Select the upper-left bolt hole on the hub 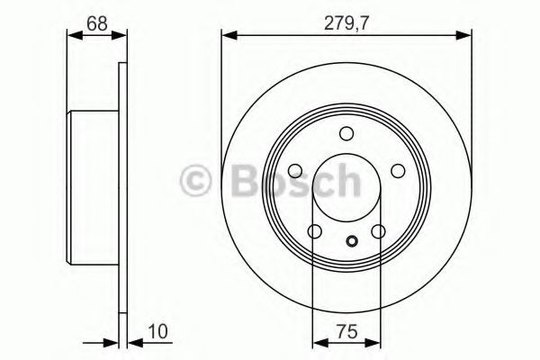point(295,172)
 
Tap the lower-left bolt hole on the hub point(314,232)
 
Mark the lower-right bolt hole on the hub point(378,232)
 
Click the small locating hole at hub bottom point(352,240)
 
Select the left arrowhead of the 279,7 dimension point(227,36)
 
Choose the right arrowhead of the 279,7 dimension point(466,36)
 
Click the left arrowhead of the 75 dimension point(318,342)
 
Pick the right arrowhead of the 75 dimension point(373,342)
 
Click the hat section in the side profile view point(94,189)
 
